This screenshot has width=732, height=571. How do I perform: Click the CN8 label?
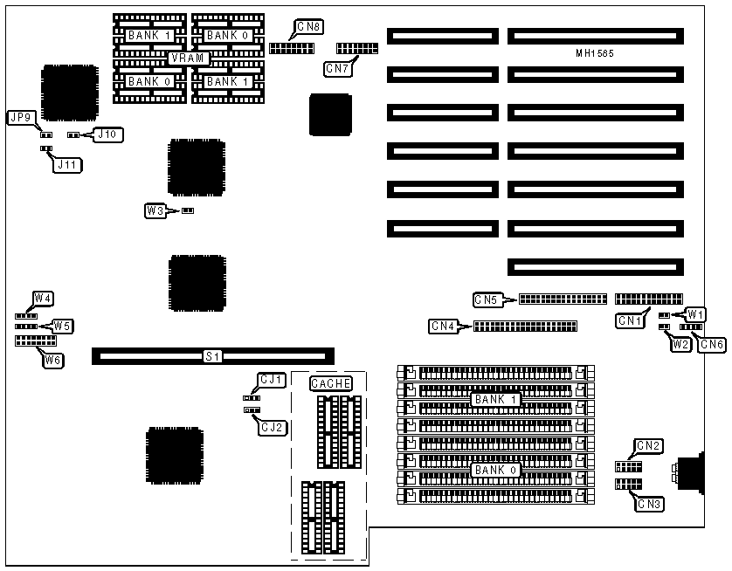[309, 27]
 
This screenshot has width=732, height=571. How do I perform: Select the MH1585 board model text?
[595, 53]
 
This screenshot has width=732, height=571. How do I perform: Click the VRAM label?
[189, 58]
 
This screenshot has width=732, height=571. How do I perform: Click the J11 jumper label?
[66, 163]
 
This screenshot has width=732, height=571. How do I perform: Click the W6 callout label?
[53, 359]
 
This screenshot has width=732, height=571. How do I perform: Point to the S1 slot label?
[212, 356]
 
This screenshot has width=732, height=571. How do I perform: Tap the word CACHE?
[331, 383]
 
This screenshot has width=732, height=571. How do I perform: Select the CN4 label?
[443, 327]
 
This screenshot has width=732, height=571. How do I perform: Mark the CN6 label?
[713, 344]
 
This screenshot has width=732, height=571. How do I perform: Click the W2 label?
[680, 344]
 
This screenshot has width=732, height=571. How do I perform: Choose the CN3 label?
[648, 503]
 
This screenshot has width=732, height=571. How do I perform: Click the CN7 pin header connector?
[353, 47]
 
